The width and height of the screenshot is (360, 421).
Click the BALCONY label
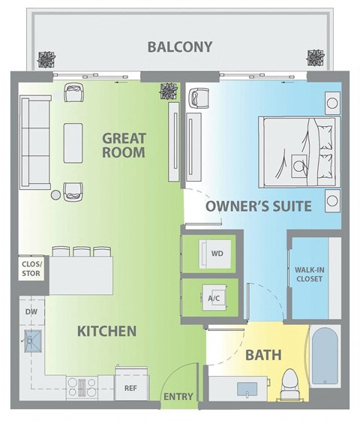(x=179, y=47)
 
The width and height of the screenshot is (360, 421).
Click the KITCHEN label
(x=106, y=330)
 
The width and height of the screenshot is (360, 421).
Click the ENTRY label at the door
(x=178, y=396)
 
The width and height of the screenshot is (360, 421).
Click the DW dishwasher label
(x=30, y=310)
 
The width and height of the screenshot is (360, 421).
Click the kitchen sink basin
(x=32, y=342)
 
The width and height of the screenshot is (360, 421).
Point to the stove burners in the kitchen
(x=78, y=386)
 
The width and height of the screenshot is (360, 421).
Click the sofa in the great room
(x=33, y=141)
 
